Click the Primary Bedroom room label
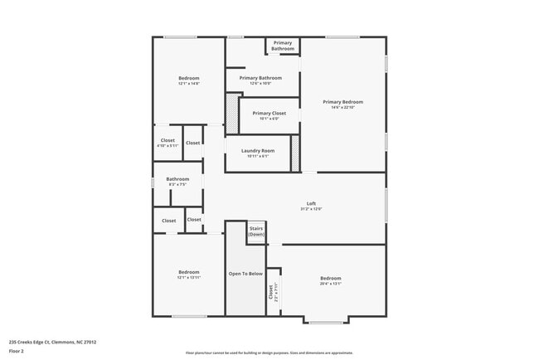point(343,102)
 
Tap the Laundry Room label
point(258,150)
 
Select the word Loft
point(312,203)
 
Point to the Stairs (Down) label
point(256,231)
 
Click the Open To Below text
point(245,273)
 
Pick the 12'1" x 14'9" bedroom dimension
point(189,84)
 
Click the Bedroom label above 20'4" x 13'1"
point(331,278)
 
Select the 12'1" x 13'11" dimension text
point(189,278)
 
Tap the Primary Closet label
point(269,113)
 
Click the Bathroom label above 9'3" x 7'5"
point(177,178)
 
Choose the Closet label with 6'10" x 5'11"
point(168,141)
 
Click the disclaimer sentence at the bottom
point(269,352)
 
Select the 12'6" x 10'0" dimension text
point(260,84)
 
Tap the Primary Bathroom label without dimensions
point(283,46)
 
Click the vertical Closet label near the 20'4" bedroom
point(271,293)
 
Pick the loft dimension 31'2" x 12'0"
point(312,209)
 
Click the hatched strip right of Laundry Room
point(294,153)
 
